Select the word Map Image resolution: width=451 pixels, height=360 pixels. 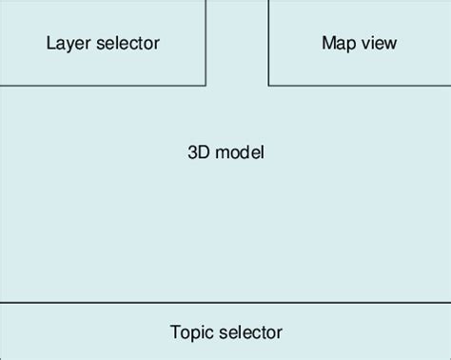point(339,43)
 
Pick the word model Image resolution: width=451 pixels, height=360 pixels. point(239,152)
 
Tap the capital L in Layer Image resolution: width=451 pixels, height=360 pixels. point(50,43)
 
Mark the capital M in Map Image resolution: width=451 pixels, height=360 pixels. point(328,43)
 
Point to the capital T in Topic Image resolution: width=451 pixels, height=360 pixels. point(175,332)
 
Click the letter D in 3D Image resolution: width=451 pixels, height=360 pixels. point(206,152)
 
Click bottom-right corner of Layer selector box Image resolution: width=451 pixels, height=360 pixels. point(206,86)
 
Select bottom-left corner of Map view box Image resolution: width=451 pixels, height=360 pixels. point(268,86)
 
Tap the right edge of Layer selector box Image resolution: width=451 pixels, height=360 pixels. point(206,43)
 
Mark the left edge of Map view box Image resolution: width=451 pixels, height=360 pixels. point(268,43)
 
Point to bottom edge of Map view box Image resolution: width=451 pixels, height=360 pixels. point(360,86)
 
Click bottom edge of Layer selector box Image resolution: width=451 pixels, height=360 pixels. point(103,86)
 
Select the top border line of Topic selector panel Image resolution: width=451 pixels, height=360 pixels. point(225,302)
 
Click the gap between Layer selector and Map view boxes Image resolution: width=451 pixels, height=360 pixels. point(237,43)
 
